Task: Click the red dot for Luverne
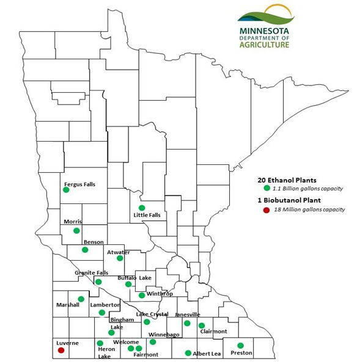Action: pos(61,350)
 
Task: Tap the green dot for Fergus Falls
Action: pos(66,190)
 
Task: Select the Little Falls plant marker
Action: pos(142,208)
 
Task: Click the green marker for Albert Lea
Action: pos(188,352)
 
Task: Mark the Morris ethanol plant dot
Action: pos(76,230)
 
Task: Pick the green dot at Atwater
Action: pos(120,258)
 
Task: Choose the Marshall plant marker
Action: pos(81,299)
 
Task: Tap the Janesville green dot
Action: pos(187,323)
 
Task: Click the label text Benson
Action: pos(94,242)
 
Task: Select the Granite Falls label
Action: pos(92,272)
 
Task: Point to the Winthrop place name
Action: pos(160,294)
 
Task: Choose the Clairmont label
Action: pos(213,332)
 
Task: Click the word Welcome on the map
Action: pos(126,341)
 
